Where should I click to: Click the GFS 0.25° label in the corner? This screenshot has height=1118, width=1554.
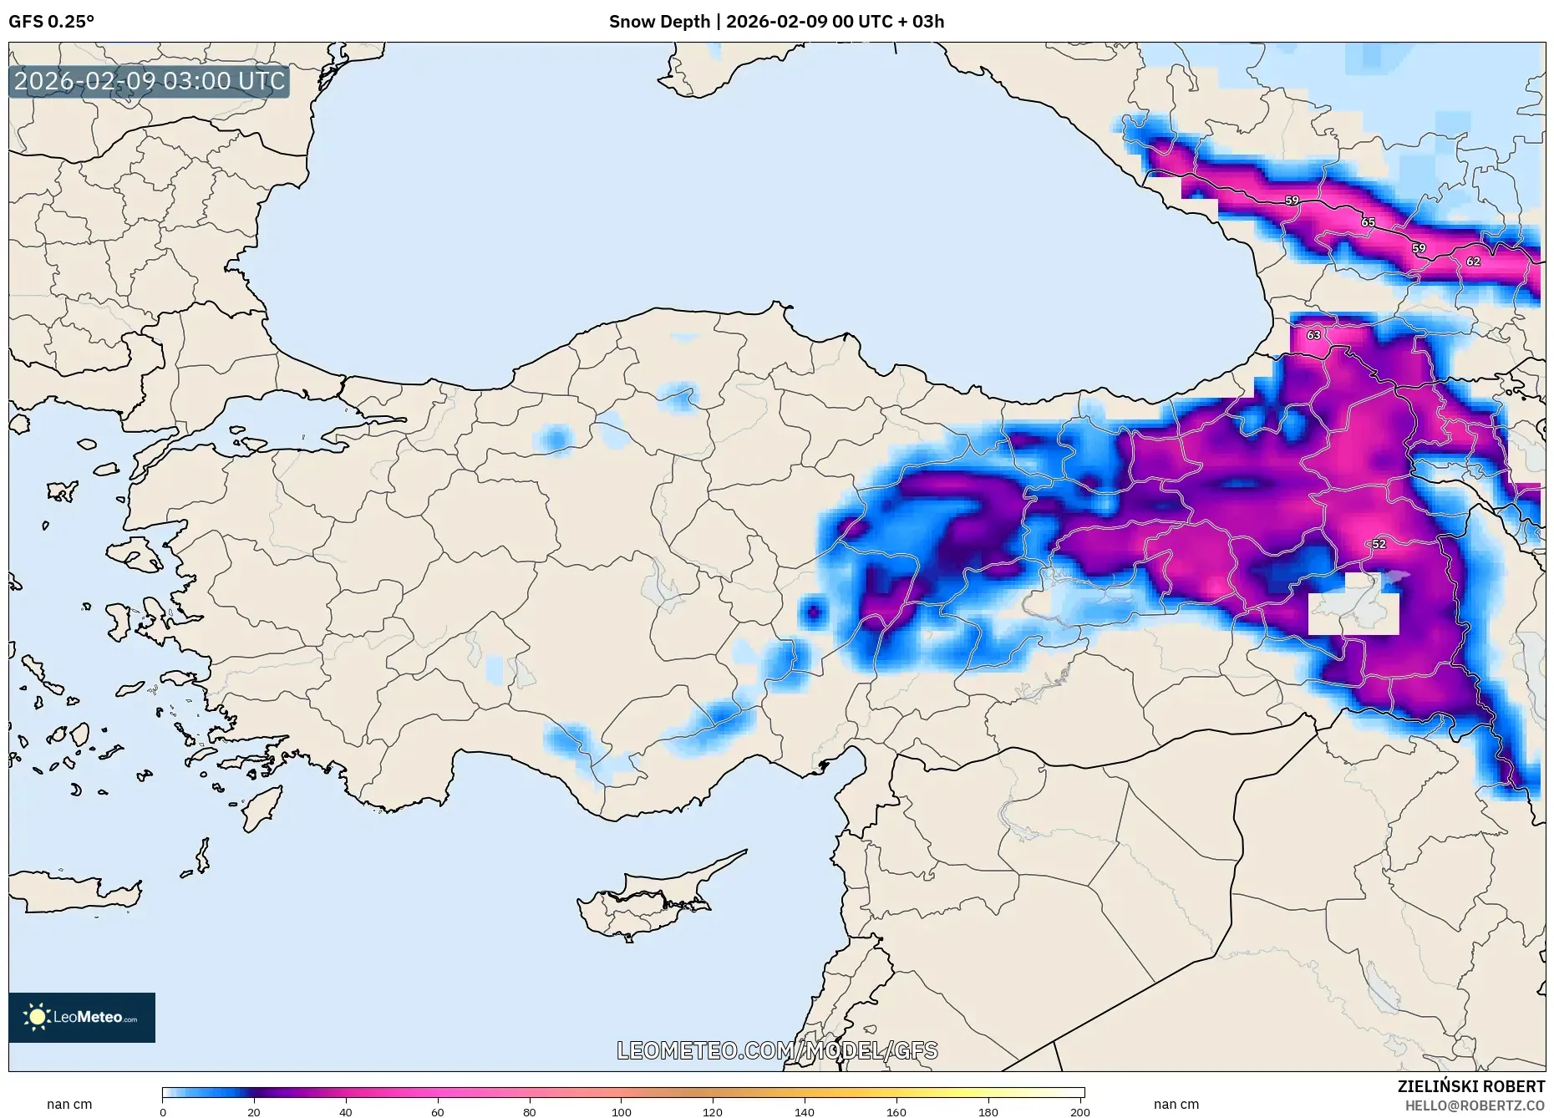coord(51,22)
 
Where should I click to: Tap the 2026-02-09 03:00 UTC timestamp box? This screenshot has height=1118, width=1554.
coord(150,81)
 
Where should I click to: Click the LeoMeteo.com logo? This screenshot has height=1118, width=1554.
coord(82,1017)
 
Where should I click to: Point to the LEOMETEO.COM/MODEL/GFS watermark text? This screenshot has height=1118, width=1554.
coord(777,1050)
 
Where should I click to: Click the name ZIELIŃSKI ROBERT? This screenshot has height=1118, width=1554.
coord(1470,1086)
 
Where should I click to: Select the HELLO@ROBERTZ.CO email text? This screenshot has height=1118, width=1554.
coord(1475,1105)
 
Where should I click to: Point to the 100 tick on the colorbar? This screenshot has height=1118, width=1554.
coord(621,1111)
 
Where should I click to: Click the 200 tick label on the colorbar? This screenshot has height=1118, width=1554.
coord(1079,1111)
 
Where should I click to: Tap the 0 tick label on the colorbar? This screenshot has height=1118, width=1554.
coord(163,1111)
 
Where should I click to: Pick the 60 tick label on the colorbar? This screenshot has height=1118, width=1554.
coord(437,1111)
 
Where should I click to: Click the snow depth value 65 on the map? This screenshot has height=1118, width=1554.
coord(1368,222)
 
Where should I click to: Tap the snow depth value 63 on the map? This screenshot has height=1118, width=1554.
coord(1313,335)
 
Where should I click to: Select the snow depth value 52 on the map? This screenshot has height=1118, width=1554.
coord(1379,544)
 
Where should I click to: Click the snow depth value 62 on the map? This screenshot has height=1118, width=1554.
coord(1473,262)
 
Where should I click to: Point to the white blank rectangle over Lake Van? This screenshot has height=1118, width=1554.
coord(1353,613)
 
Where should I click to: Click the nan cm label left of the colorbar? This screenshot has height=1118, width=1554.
coord(69,1104)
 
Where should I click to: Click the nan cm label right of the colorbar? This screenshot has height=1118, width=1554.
coord(1176,1104)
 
